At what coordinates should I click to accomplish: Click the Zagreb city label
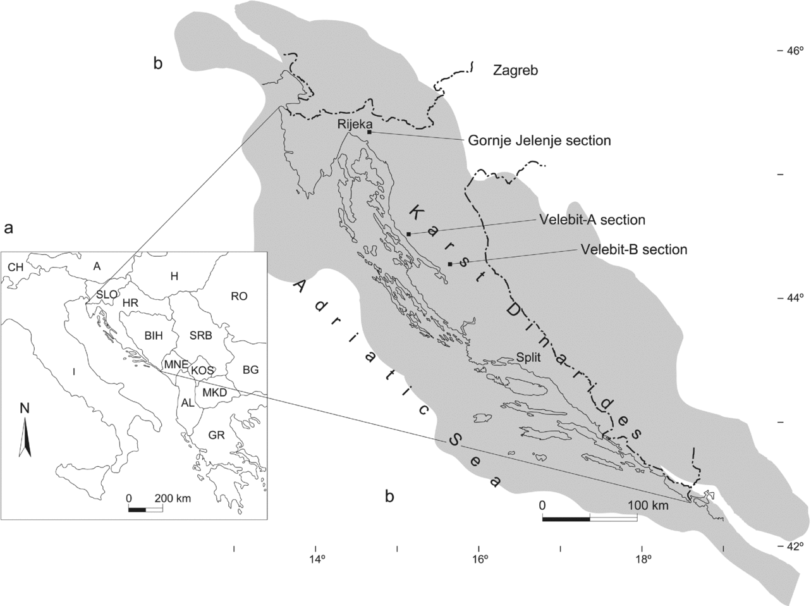(x=515, y=70)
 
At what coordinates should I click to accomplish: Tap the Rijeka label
(x=351, y=123)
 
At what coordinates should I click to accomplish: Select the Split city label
(x=528, y=357)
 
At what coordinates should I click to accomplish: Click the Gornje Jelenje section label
(x=539, y=140)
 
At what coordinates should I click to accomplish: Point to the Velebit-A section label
(x=592, y=220)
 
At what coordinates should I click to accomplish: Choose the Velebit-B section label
(x=633, y=249)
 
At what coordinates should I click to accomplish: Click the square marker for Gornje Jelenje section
(x=369, y=132)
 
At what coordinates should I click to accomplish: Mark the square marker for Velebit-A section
(x=409, y=234)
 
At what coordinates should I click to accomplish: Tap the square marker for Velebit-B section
(x=449, y=263)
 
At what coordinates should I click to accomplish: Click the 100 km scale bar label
(x=648, y=506)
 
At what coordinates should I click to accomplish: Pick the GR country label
(x=216, y=435)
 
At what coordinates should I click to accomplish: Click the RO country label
(x=239, y=296)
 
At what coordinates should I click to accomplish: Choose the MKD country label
(x=215, y=393)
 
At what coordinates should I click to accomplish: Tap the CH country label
(x=16, y=268)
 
